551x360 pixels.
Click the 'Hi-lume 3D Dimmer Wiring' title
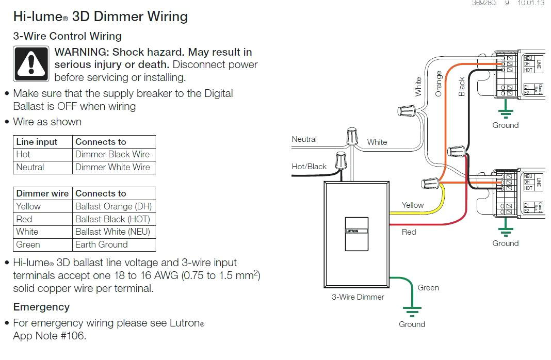pyautogui.click(x=100, y=17)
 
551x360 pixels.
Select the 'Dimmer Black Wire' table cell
pyautogui.click(x=112, y=154)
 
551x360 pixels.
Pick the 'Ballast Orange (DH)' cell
pyautogui.click(x=113, y=206)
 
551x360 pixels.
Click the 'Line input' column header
pyautogui.click(x=37, y=142)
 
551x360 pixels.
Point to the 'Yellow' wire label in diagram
pyautogui.click(x=413, y=205)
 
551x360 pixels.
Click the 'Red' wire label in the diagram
pyautogui.click(x=409, y=232)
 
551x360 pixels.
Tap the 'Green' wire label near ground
pyautogui.click(x=428, y=288)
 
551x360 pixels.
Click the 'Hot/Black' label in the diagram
pyautogui.click(x=309, y=166)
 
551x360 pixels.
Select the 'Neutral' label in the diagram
pyautogui.click(x=304, y=139)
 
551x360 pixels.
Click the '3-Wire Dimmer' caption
pyautogui.click(x=358, y=297)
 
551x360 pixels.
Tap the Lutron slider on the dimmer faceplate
pyautogui.click(x=357, y=232)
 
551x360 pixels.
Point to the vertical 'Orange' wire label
pyautogui.click(x=439, y=84)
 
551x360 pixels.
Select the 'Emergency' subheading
pyautogui.click(x=41, y=307)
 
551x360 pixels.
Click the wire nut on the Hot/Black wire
pyautogui.click(x=341, y=160)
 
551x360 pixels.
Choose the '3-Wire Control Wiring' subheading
pyautogui.click(x=67, y=36)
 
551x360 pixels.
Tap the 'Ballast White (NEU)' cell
pyautogui.click(x=112, y=232)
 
